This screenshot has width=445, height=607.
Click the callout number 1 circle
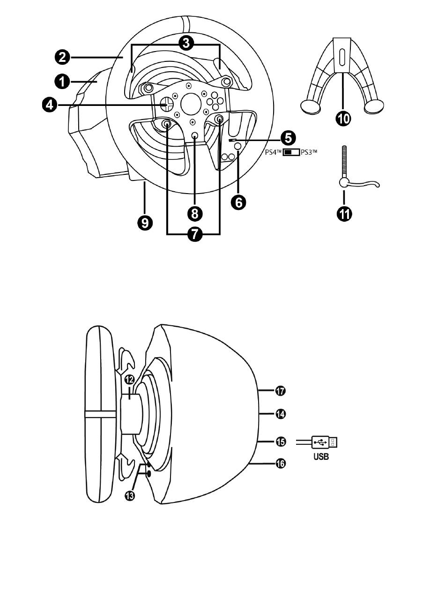(63, 82)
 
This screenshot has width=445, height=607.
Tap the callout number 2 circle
(63, 58)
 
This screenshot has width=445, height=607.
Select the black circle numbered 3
(186, 43)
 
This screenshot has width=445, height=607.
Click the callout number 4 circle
(50, 105)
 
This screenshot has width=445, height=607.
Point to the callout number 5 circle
(288, 138)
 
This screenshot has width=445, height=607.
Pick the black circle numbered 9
(145, 223)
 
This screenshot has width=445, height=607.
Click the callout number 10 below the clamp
(343, 119)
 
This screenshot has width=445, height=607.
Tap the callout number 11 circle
(344, 214)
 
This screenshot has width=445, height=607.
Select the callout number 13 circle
(130, 495)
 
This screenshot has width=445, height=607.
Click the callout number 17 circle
(280, 391)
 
